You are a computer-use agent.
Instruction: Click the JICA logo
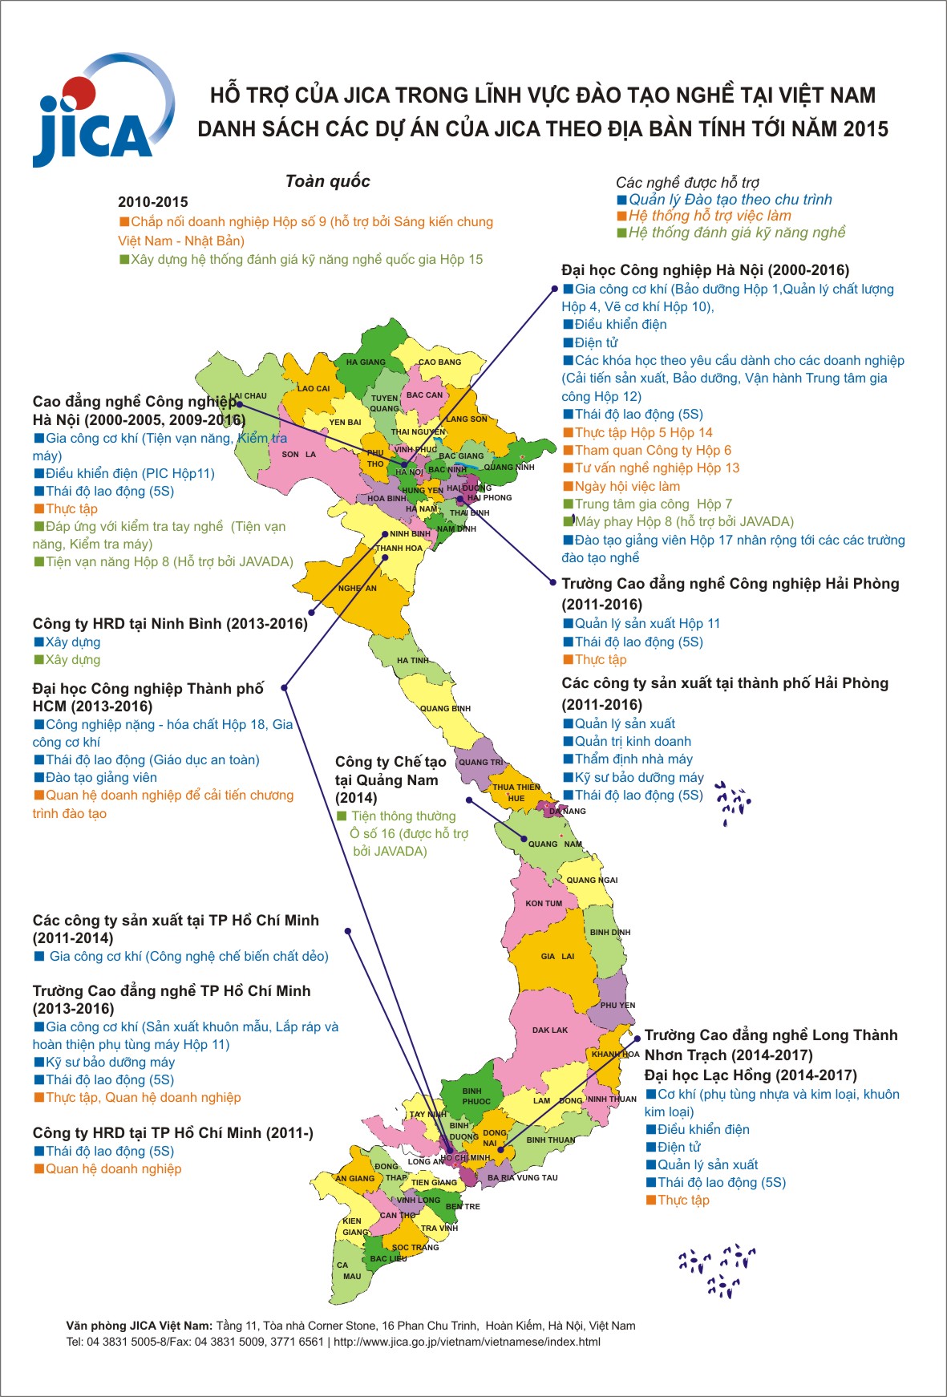100,112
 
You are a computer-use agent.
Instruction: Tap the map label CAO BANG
439,362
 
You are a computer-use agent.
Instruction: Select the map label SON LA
298,455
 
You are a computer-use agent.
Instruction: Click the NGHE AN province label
357,589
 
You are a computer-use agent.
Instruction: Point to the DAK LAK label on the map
549,1031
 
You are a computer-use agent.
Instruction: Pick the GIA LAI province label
557,957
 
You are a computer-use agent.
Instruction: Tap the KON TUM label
544,904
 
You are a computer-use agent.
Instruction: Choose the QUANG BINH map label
445,709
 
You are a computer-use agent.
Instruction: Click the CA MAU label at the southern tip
350,1270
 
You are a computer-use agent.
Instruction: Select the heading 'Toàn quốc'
327,181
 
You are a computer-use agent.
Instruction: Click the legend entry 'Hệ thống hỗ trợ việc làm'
709,216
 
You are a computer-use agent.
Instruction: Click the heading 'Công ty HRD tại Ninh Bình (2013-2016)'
170,624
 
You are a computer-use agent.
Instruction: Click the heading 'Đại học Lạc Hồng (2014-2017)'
751,1075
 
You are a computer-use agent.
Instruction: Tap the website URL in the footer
467,1342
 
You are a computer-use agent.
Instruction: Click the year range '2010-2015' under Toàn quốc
152,202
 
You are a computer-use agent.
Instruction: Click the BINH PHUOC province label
476,1096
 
